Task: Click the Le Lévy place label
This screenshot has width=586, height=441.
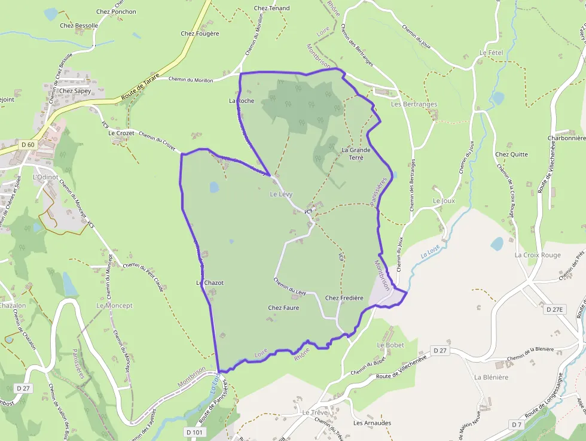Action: (x=280, y=194)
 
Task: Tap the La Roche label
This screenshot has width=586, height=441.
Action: (x=242, y=101)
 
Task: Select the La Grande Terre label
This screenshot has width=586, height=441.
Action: (x=356, y=153)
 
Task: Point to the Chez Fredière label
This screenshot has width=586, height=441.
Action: (x=344, y=297)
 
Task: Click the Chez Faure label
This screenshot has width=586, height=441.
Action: (x=283, y=308)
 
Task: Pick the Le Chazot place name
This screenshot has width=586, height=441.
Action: (x=210, y=282)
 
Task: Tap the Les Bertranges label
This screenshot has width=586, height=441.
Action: (x=414, y=104)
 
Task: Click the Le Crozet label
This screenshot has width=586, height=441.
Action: (x=121, y=133)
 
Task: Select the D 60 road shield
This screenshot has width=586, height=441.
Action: (x=28, y=144)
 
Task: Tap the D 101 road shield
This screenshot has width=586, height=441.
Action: (x=195, y=432)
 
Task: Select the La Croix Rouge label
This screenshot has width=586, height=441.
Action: (x=538, y=255)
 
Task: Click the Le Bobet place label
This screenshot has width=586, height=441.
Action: (x=390, y=345)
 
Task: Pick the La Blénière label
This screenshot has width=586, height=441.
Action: (x=491, y=377)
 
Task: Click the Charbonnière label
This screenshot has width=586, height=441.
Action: (x=566, y=138)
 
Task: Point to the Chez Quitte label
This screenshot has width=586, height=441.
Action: (x=511, y=154)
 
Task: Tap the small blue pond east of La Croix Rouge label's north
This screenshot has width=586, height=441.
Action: (x=497, y=244)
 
